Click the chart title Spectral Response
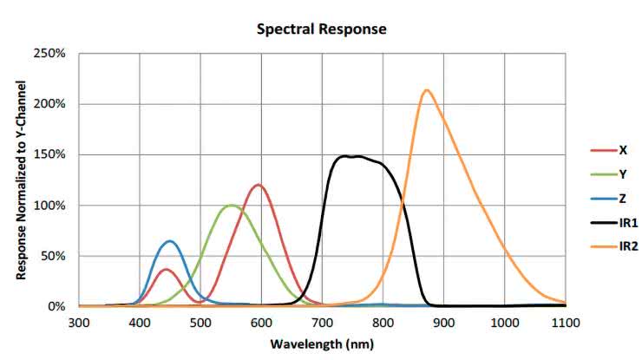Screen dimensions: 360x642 (321, 29)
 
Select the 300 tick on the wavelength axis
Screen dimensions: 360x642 (79, 324)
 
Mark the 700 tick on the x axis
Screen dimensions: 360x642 (322, 324)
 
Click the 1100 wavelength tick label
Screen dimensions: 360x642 (566, 324)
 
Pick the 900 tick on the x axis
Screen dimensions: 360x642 (443, 324)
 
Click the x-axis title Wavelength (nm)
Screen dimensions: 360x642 (321, 344)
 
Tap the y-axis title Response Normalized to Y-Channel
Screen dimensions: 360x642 (19, 180)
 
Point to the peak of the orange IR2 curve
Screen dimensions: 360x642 (426, 89)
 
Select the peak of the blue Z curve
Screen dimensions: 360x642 (170, 241)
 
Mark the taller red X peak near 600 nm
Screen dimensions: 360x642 (258, 185)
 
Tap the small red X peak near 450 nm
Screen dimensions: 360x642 (167, 269)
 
